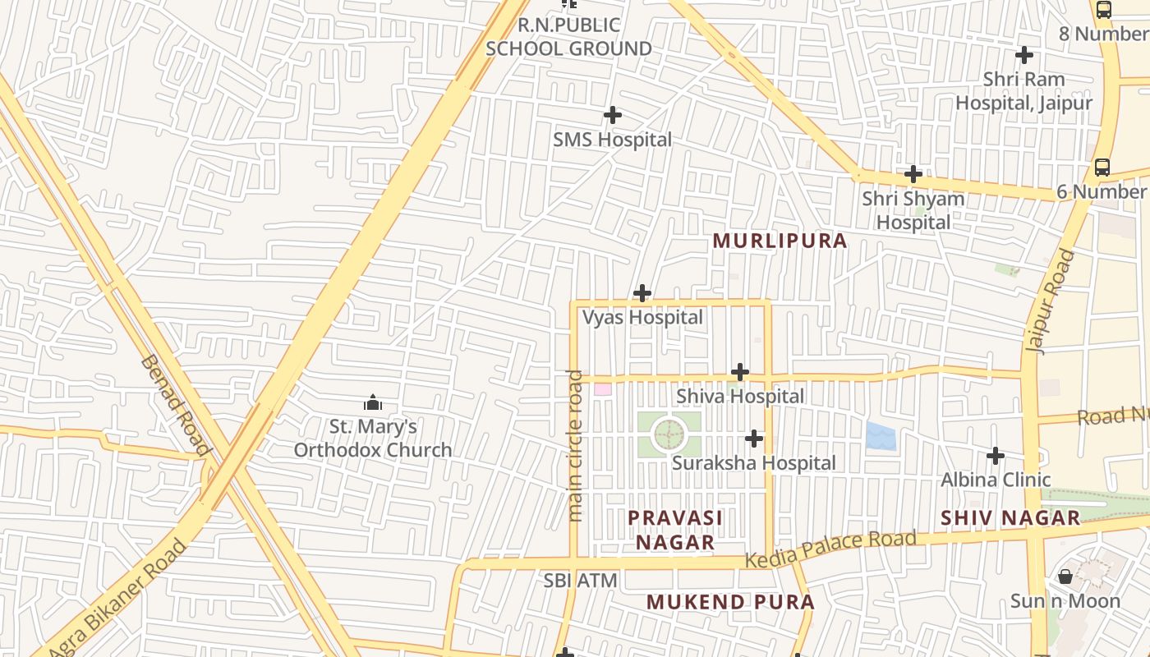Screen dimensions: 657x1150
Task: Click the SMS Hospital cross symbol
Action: tap(612, 116)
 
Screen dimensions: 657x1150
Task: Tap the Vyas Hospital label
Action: tap(642, 317)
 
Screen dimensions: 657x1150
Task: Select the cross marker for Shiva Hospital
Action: tap(740, 372)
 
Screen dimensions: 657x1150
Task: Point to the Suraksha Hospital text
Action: tap(753, 463)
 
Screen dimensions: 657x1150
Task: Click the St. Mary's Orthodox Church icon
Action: tap(373, 402)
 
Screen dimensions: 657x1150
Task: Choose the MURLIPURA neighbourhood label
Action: tap(780, 241)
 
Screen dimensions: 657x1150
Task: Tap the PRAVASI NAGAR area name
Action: tap(675, 530)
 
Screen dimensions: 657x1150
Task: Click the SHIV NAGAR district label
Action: tap(1010, 518)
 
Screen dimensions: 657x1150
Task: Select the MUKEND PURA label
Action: tap(730, 602)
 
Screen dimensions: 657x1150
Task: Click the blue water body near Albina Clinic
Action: tap(881, 435)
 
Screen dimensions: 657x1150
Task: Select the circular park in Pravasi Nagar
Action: tap(669, 434)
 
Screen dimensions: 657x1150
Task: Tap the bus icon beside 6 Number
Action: tap(1102, 168)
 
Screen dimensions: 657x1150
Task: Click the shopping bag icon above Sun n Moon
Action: tap(1065, 577)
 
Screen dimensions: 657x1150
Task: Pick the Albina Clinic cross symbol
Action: tap(996, 455)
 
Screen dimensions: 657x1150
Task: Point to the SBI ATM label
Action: tap(580, 581)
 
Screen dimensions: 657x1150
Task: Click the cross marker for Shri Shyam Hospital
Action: tap(913, 174)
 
